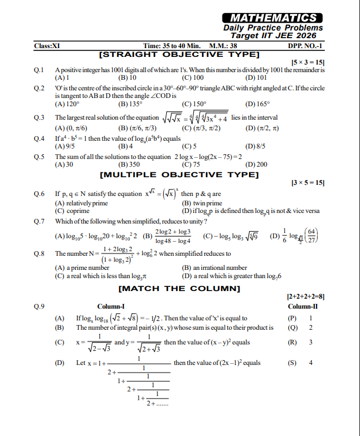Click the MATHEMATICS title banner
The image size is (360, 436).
point(273,18)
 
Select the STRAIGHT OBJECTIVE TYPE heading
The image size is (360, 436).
point(180,54)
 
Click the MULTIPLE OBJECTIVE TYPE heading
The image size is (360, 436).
point(179,174)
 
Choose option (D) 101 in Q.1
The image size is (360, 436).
point(255,77)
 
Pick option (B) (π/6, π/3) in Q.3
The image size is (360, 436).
point(137,127)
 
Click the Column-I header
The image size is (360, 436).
point(111,307)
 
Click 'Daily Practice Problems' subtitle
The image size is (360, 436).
point(273,28)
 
